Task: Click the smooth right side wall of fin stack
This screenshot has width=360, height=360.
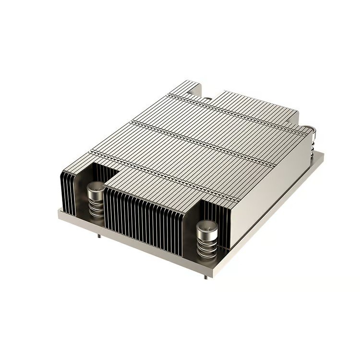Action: click(269, 192)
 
